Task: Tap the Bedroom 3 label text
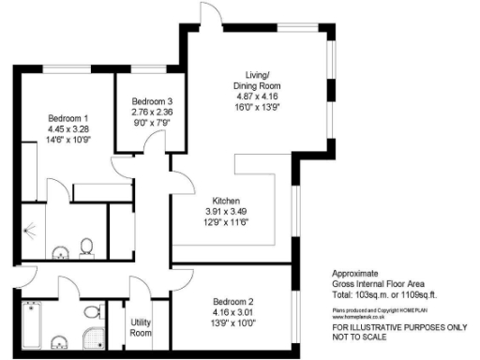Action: (152, 101)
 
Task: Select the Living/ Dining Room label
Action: (257, 80)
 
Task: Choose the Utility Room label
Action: (141, 327)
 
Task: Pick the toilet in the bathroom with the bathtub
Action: (93, 310)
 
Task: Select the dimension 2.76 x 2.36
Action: (152, 112)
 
